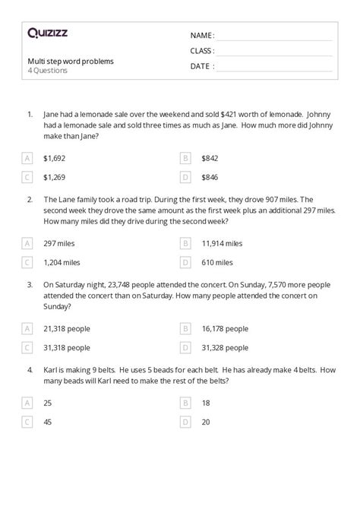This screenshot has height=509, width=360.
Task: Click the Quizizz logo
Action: click(48, 33)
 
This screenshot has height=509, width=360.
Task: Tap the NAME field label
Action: click(202, 36)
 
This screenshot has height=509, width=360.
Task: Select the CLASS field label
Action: click(202, 51)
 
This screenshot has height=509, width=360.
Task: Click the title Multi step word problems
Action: click(70, 61)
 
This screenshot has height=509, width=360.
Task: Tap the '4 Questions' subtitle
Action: click(47, 71)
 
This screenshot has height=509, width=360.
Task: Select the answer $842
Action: click(210, 158)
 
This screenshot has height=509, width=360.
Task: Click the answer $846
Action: click(210, 177)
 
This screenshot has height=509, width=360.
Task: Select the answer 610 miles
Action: click(217, 262)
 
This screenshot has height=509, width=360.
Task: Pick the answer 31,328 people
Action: click(225, 347)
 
